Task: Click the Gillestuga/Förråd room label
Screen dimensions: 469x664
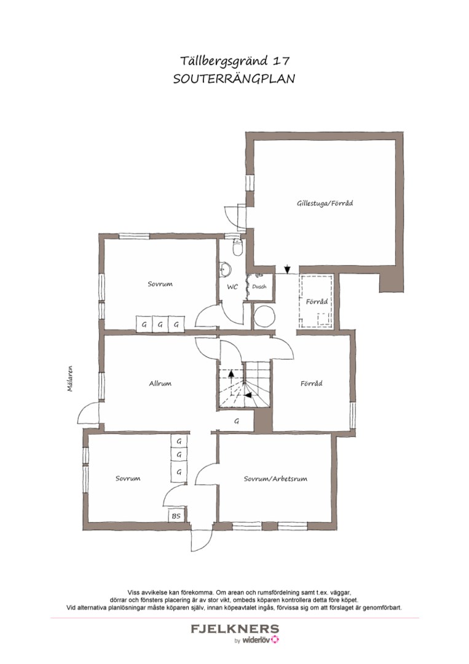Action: [325, 204]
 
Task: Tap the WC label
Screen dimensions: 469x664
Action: [232, 287]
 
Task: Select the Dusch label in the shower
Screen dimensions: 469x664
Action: [259, 287]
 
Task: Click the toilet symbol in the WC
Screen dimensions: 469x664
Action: [237, 247]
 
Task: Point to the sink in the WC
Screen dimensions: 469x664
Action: [225, 269]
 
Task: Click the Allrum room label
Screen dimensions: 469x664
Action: [160, 384]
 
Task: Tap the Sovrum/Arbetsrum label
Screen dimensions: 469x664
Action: [275, 479]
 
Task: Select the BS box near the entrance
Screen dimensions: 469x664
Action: [176, 515]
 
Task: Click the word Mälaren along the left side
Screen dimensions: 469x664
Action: [70, 379]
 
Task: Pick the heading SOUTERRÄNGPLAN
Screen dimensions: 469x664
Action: [234, 79]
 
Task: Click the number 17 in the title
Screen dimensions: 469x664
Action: [281, 61]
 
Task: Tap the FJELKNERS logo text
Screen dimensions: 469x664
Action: [235, 629]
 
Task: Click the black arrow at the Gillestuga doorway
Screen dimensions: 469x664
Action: [288, 269]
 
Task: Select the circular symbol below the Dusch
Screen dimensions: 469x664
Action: [264, 316]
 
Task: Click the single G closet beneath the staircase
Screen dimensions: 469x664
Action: [237, 421]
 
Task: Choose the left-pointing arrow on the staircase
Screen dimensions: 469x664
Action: [249, 395]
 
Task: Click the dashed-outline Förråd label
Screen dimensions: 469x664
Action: [317, 302]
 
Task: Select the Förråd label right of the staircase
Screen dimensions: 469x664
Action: [312, 384]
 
